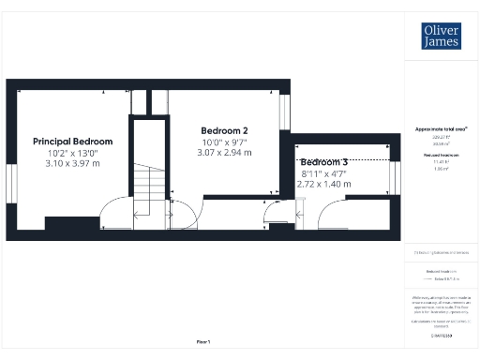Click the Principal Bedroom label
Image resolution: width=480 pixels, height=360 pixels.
click(72, 142)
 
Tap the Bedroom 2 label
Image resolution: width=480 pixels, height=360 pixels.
click(225, 130)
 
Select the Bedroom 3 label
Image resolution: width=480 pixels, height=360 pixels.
click(324, 162)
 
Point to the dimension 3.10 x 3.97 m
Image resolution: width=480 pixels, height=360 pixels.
click(72, 163)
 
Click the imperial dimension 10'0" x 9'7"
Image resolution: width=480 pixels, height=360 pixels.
click(225, 142)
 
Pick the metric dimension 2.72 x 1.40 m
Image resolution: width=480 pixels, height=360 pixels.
click(324, 184)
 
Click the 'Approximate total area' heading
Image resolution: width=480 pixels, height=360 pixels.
click(441, 128)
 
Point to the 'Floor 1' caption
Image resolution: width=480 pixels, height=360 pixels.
click(202, 342)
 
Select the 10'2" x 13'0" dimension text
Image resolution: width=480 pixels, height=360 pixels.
click(72, 153)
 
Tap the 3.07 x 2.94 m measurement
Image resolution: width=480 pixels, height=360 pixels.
click(225, 152)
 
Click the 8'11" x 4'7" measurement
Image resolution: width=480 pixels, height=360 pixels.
click(324, 173)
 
